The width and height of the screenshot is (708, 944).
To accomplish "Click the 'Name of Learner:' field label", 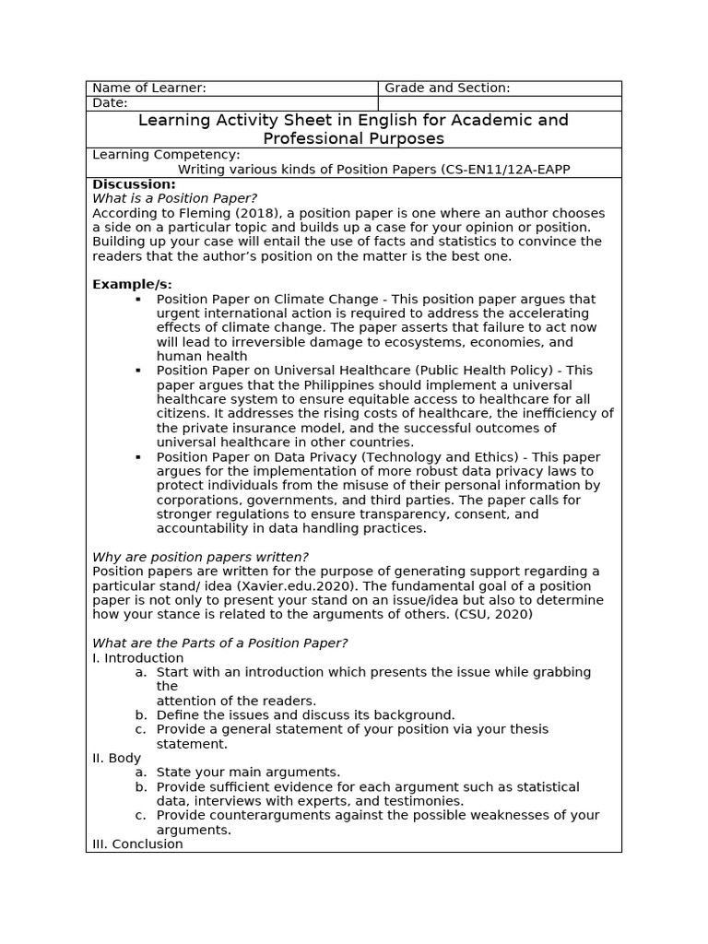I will [149, 88].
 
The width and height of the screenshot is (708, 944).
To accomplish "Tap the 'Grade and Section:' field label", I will [447, 88].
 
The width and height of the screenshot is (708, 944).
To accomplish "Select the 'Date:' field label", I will [110, 103].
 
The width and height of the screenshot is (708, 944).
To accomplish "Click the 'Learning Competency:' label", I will [166, 155].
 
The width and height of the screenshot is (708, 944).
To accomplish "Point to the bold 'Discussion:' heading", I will [134, 184].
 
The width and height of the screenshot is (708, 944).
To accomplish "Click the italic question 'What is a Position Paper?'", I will [174, 198].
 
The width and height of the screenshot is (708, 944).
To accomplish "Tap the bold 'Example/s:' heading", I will [132, 284].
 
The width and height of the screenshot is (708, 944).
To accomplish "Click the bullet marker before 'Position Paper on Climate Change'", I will [138, 300].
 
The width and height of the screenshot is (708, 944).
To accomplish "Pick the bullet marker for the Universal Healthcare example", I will [138, 371].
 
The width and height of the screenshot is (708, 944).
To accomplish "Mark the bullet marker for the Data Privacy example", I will [138, 457].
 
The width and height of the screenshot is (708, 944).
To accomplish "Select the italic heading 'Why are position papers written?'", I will [200, 557].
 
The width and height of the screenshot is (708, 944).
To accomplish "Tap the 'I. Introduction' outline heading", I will [138, 658].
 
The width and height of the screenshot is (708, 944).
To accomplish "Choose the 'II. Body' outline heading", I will [117, 758].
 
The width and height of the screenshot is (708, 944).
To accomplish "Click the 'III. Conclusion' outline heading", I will [138, 844].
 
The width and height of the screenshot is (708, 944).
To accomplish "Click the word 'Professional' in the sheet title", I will [309, 138].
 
